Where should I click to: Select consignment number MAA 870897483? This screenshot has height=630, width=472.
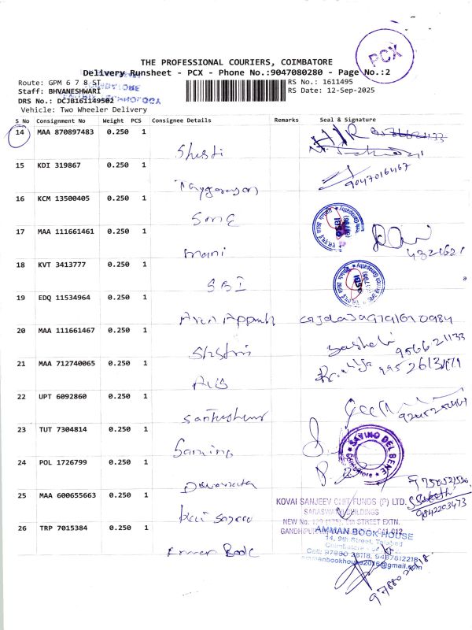pos(65,132)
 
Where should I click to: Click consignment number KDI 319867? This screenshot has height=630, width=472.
pos(57,165)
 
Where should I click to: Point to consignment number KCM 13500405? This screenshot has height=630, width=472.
pos(63,198)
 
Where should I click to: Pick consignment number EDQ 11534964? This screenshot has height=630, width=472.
pos(63,298)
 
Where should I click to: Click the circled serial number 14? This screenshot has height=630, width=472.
pos(20,132)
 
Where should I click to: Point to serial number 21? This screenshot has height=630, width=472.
pos(20,363)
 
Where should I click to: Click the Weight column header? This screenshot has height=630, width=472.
pos(113,121)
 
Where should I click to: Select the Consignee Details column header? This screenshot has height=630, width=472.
pos(181,121)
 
